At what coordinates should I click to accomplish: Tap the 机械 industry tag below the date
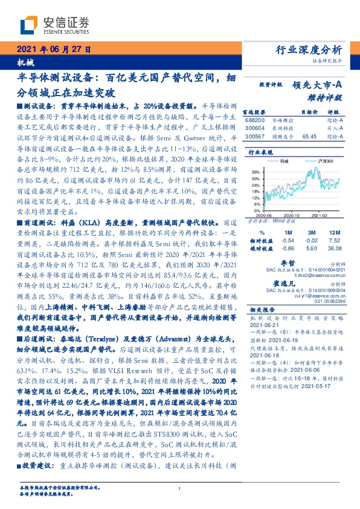click(x=23, y=63)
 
